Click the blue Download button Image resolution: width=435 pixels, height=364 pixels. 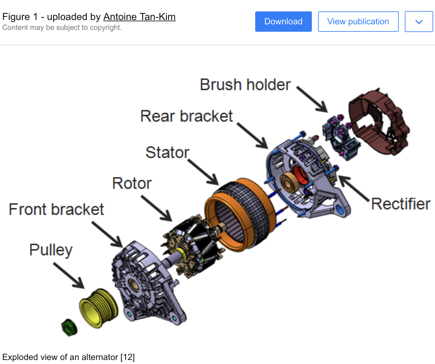pos(283,22)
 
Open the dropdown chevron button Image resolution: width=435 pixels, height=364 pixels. pos(419,22)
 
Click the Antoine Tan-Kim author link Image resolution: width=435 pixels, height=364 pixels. pos(139,17)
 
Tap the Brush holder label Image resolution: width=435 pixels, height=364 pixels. pos(245,85)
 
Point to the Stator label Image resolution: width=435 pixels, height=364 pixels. pos(167,152)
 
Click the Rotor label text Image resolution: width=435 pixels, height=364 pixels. pos(132,183)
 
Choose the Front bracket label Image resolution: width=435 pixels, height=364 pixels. pos(56,209)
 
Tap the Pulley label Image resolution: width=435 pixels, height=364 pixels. pos(51,250)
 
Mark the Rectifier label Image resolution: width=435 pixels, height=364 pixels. pos(401,204)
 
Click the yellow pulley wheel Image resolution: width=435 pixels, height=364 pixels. pos(99,308)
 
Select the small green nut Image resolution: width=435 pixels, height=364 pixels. pos(69,327)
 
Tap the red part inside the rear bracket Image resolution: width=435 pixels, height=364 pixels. pos(299,175)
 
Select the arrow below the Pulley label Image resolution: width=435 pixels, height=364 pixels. pos(69,275)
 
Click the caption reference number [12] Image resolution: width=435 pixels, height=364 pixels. pos(127,357)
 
